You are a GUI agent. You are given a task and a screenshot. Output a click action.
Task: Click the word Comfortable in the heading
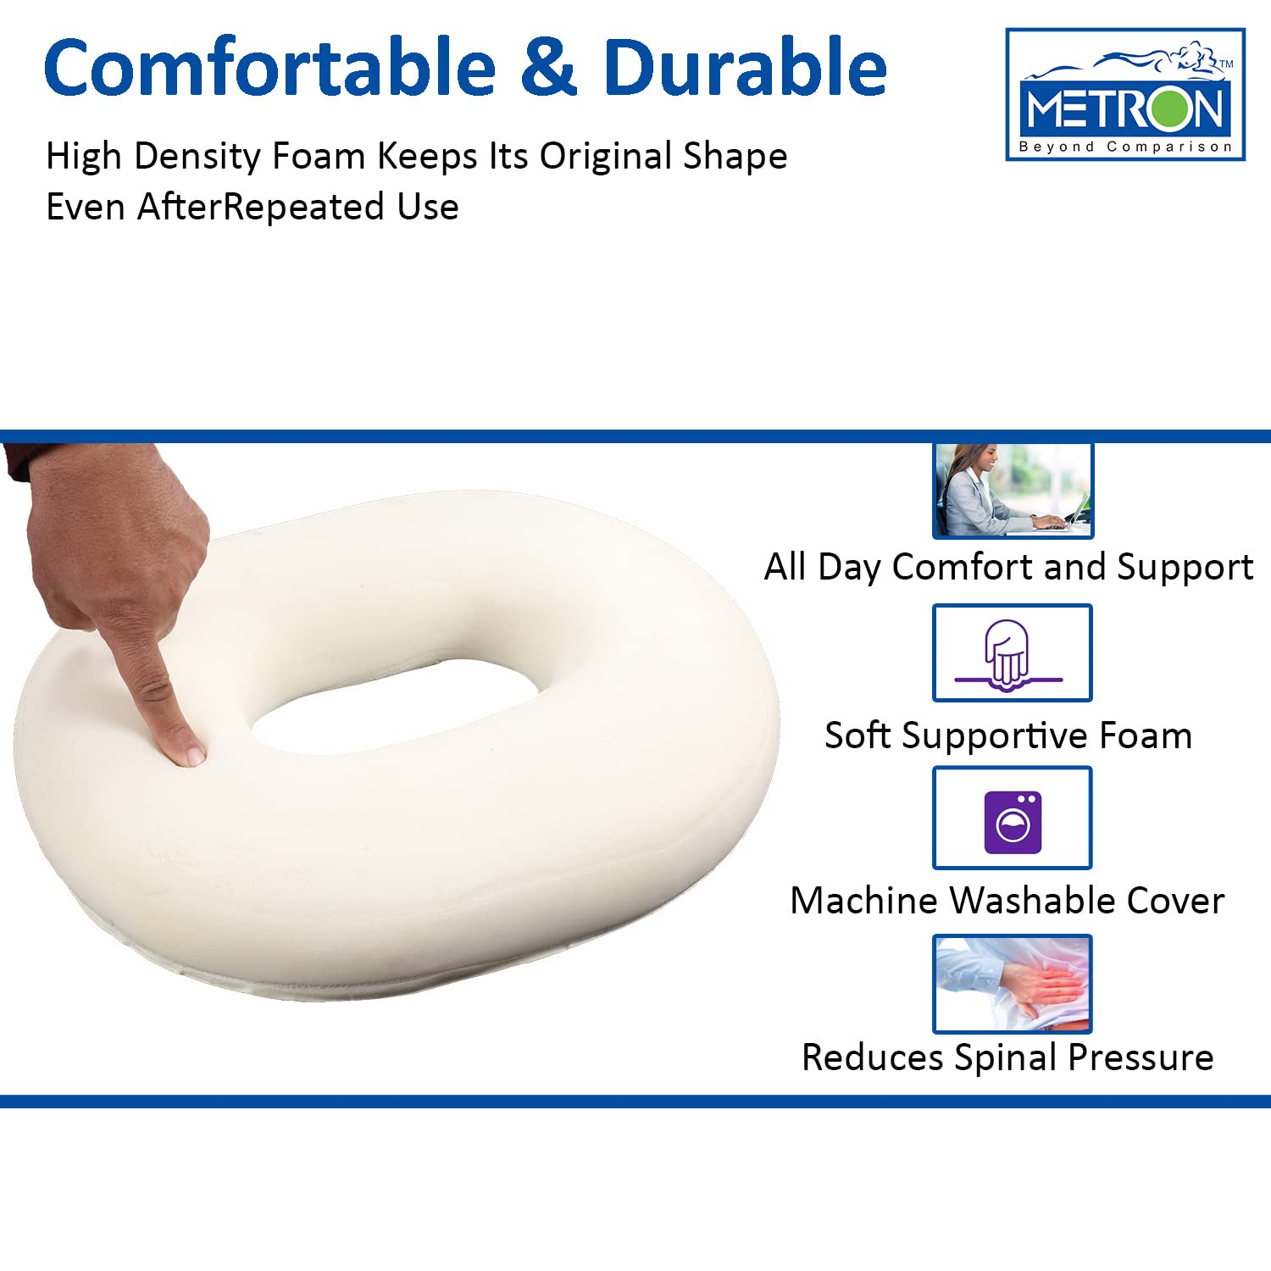click(x=269, y=68)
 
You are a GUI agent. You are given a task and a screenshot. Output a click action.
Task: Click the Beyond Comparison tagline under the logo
click(x=1125, y=147)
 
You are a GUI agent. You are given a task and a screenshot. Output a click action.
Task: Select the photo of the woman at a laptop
click(x=1013, y=490)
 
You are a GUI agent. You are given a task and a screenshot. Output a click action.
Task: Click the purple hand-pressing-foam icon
click(x=1008, y=654)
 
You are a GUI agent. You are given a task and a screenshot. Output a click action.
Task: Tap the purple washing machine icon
click(x=1013, y=821)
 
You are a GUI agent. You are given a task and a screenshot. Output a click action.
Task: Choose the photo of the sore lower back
click(x=1013, y=984)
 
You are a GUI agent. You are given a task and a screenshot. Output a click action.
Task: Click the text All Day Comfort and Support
click(x=1008, y=567)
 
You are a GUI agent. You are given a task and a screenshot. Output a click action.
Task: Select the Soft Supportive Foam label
click(x=1008, y=735)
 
